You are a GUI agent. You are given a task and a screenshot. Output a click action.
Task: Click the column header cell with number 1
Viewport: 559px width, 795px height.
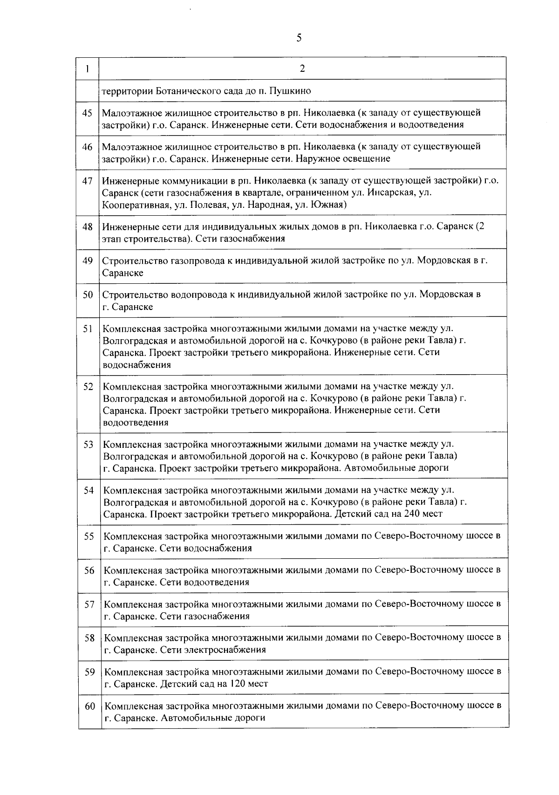tap(88, 69)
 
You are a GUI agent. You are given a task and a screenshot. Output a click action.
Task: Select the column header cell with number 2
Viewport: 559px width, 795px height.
tap(302, 69)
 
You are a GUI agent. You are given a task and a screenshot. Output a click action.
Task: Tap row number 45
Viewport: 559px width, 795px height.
tap(88, 113)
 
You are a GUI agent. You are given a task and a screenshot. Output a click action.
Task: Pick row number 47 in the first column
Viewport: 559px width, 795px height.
tap(88, 181)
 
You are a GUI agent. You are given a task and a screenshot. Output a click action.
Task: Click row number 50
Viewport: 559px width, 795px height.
tap(88, 295)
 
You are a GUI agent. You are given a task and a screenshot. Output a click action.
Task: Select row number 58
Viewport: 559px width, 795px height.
tap(89, 637)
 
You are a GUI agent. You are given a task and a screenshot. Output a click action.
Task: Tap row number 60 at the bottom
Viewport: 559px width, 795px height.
tap(90, 706)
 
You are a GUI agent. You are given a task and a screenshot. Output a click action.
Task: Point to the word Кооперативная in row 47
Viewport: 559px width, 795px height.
tap(132, 205)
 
